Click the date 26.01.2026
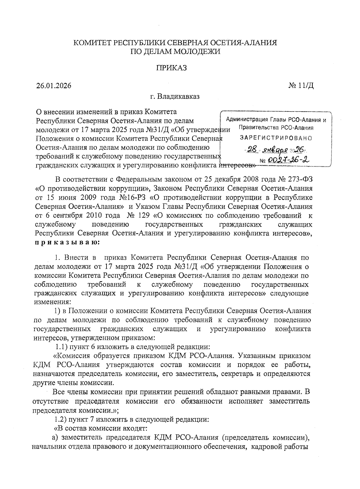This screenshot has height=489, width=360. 54,86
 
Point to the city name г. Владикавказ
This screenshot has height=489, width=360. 175,97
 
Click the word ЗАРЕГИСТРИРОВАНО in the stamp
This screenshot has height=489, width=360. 275,138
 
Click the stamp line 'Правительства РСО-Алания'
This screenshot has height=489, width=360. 276,128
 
